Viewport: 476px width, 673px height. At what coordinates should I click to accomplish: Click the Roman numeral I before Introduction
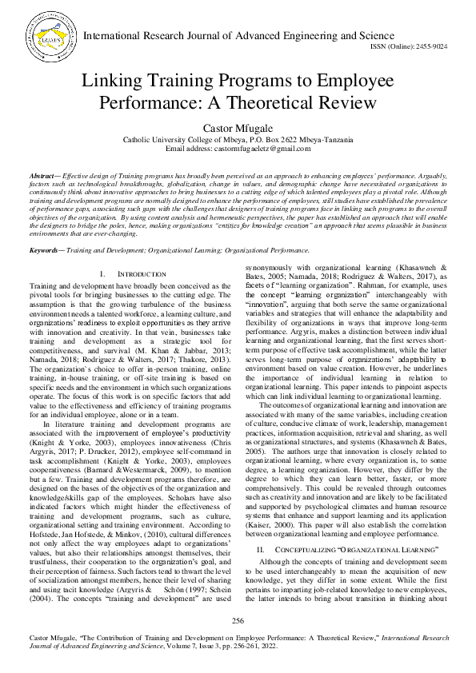[x=102, y=274]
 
